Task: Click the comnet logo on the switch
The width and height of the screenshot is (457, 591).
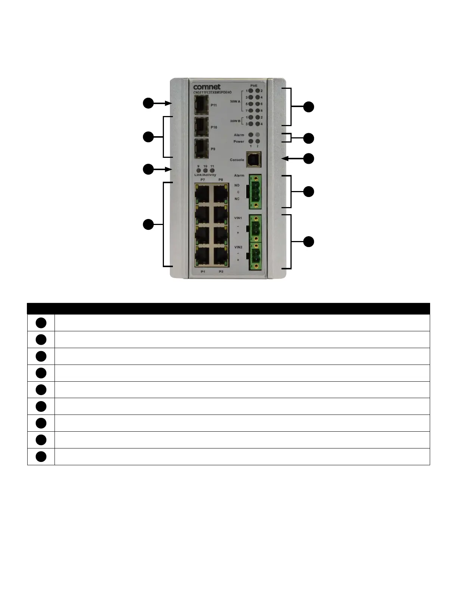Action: [x=207, y=87]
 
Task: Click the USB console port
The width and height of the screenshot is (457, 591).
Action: [x=253, y=160]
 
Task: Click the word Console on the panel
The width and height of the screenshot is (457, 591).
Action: [x=237, y=160]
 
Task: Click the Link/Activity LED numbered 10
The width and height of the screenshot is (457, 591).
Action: [x=205, y=171]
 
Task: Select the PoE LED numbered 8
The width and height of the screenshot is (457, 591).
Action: [x=258, y=111]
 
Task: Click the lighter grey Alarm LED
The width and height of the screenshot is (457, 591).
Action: [x=258, y=135]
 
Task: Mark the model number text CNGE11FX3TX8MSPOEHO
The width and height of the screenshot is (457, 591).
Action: [x=212, y=92]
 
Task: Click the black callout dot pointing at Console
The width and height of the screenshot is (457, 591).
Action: [x=308, y=159]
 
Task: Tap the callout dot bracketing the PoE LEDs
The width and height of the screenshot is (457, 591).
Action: [x=308, y=107]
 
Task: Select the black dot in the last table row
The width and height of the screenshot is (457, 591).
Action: [x=41, y=457]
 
